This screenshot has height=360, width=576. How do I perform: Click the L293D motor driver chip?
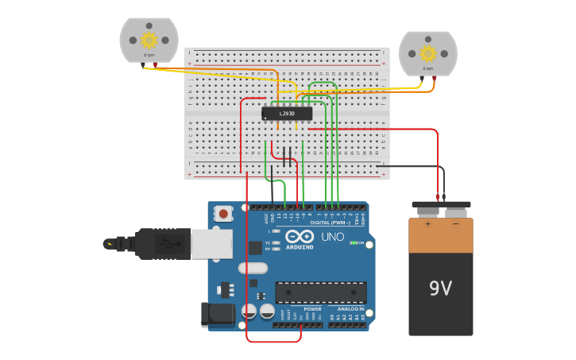(x=287, y=114)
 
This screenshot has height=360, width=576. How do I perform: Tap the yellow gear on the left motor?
(x=149, y=40)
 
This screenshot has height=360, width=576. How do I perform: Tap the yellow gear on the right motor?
(x=427, y=53)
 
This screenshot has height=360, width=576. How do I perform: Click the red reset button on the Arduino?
(x=224, y=213)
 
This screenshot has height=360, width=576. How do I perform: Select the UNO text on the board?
(x=332, y=237)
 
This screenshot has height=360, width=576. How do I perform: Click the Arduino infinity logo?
(x=300, y=237)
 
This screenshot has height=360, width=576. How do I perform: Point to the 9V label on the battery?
(x=440, y=288)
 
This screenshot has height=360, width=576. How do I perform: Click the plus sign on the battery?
(x=427, y=224)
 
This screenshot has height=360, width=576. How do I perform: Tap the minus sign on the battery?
(x=455, y=224)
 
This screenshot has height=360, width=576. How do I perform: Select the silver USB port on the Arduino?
(x=212, y=244)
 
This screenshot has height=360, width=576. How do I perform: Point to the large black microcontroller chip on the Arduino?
(x=321, y=292)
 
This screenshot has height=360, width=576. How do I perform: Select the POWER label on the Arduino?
(x=313, y=309)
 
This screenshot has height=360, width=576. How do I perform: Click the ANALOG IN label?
(x=350, y=309)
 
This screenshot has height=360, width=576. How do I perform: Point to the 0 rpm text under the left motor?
(x=149, y=55)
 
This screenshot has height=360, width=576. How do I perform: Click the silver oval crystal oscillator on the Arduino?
(x=253, y=268)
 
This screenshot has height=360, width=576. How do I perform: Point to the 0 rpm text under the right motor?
(x=427, y=68)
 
